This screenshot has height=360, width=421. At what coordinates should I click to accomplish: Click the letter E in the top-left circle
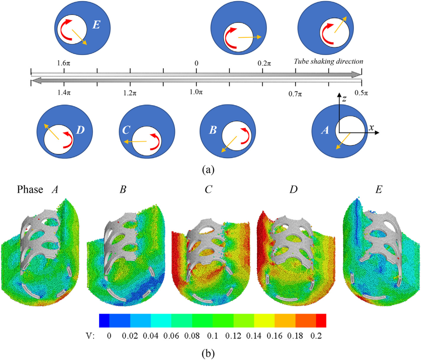coord(96,25)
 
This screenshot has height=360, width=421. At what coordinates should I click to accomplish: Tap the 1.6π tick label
coord(64,63)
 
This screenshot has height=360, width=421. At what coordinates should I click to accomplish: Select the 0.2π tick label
coord(264,63)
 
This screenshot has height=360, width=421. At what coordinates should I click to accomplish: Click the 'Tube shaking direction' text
coord(328,62)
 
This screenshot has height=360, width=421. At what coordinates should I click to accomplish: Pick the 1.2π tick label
coord(130,93)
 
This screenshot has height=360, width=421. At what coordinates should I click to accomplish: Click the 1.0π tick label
coord(196,92)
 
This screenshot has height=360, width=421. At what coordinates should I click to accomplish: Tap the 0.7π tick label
coord(295,94)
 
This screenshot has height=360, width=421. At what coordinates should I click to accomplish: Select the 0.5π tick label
coord(361,93)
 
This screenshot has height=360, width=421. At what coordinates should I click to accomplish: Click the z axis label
coord(344,99)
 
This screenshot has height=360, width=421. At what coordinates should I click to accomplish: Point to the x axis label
coord(371,128)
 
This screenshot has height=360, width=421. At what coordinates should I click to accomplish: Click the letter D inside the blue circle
coord(80,130)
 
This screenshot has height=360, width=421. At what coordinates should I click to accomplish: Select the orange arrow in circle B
coord(229,144)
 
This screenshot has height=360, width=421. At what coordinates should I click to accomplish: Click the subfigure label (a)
coord(209,170)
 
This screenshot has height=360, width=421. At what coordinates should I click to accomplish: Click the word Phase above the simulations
coord(30,189)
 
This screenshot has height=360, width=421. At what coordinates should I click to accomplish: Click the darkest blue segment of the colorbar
coord(104,321)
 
